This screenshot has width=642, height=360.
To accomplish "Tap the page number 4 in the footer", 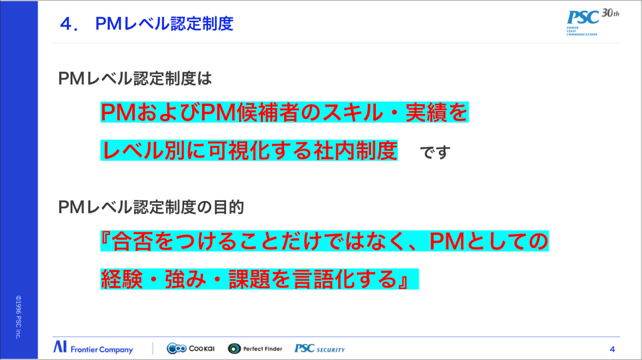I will pyautogui.click(x=612, y=349).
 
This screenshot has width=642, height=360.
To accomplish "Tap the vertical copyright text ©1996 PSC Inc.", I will pyautogui.click(x=18, y=317).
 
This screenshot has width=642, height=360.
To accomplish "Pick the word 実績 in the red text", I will pyautogui.click(x=438, y=113).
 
